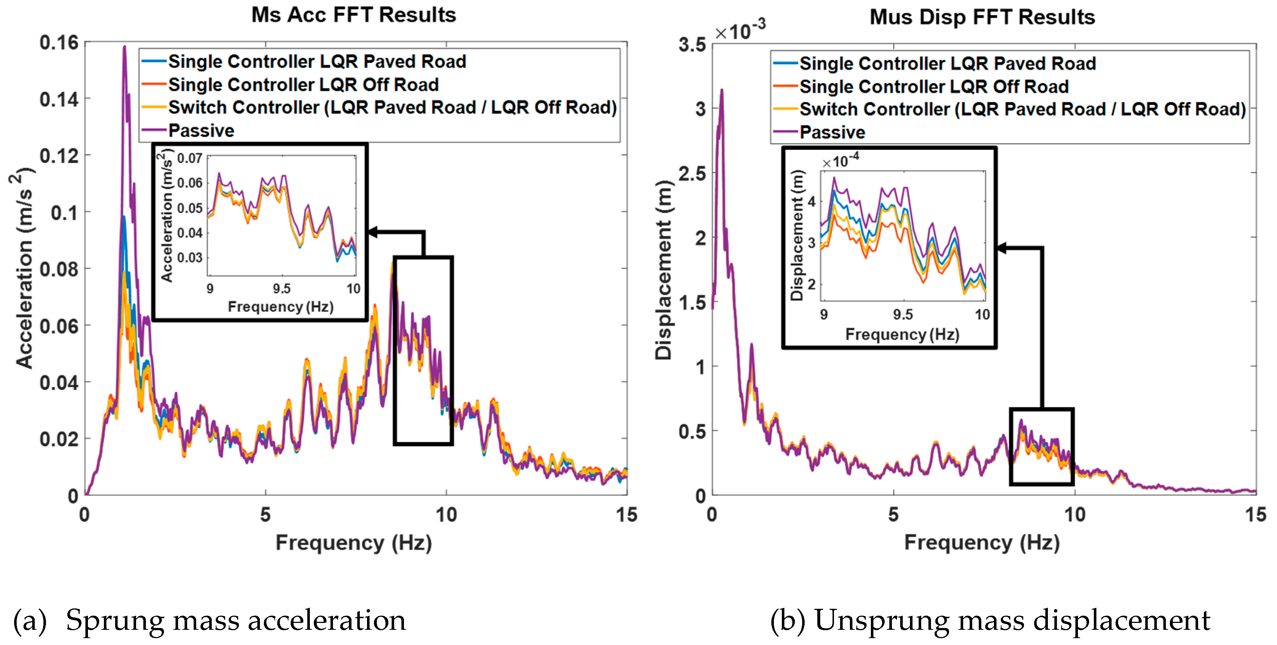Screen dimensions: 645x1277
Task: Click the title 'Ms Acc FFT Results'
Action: coord(353,15)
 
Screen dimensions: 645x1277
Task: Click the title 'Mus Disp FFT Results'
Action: coord(982,17)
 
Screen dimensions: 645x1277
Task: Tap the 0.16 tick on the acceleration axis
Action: coord(59,43)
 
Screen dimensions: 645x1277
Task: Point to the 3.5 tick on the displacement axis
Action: coord(692,45)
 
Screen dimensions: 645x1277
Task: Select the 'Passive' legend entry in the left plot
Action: coord(201,131)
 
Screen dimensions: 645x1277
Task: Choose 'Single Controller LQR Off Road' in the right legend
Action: coord(933,87)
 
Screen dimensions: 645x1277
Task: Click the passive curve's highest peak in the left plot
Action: coord(125,47)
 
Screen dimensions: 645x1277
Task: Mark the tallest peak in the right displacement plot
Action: coord(722,90)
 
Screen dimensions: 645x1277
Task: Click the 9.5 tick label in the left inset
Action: coord(282,288)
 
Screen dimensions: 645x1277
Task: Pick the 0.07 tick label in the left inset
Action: coord(189,159)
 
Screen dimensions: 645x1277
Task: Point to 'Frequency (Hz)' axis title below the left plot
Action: coord(353,543)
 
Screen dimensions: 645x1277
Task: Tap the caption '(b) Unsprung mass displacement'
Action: coord(990,620)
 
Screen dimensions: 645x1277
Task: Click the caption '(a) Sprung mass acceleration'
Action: coord(210,620)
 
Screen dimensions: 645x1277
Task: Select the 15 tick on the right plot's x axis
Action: coord(1255,515)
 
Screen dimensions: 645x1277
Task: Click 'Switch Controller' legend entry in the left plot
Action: coord(392,107)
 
